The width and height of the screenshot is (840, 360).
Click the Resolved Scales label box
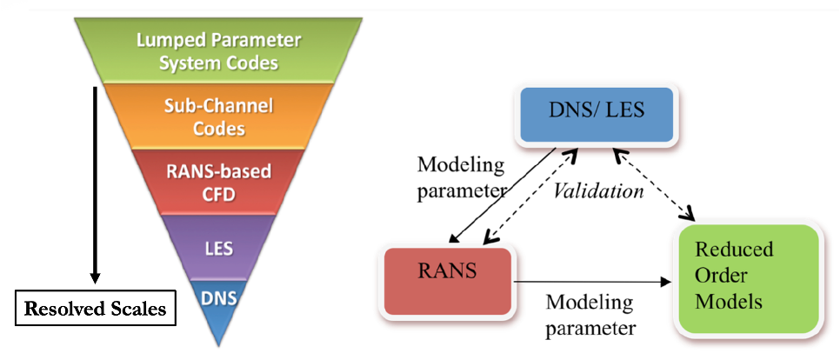point(95,308)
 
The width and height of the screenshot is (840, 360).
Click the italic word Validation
point(600,191)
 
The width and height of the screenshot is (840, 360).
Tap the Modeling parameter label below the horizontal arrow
point(592,315)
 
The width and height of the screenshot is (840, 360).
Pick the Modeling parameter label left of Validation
point(460,177)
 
